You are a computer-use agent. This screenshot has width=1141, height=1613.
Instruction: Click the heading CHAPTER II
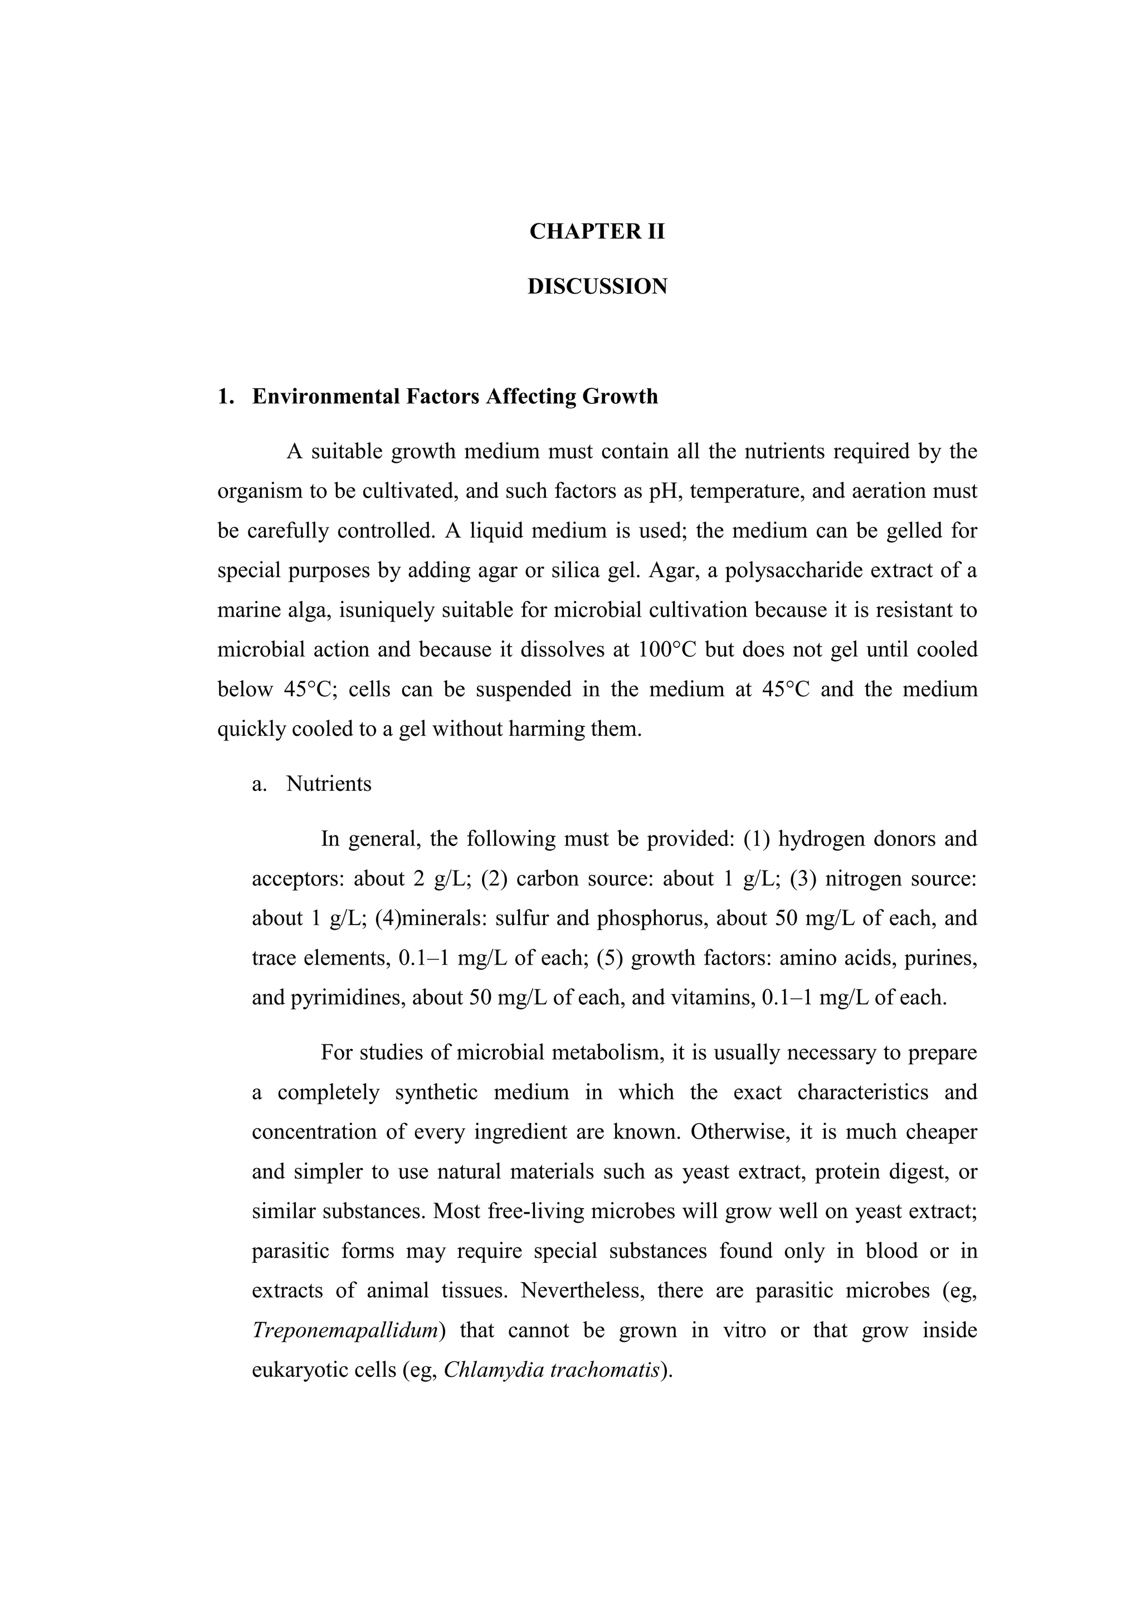coord(597,232)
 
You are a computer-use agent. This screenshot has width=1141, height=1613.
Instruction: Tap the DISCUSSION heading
coord(597,287)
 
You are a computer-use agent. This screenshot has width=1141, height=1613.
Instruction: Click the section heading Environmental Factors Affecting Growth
coord(455,397)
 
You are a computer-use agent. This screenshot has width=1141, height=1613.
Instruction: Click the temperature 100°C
coord(667,650)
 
